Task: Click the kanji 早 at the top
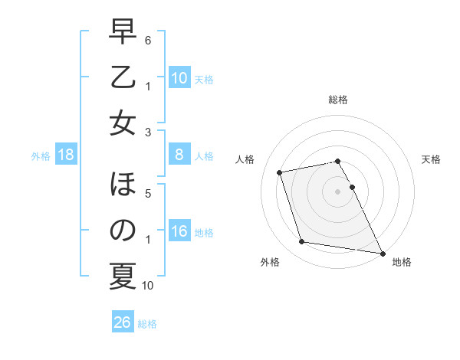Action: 123,33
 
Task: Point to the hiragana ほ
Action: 123,185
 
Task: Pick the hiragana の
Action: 123,230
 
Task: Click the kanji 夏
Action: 123,276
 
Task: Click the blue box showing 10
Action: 179,78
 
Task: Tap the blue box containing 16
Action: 179,232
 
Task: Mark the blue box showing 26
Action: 123,323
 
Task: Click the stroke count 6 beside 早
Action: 148,38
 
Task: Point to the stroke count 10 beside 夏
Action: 148,286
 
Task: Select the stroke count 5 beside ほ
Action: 148,193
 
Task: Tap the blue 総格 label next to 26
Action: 148,324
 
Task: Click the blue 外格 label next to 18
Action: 41,156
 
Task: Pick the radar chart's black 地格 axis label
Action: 402,262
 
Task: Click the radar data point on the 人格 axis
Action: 280,172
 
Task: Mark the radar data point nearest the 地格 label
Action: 382,252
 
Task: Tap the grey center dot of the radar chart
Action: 337,191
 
